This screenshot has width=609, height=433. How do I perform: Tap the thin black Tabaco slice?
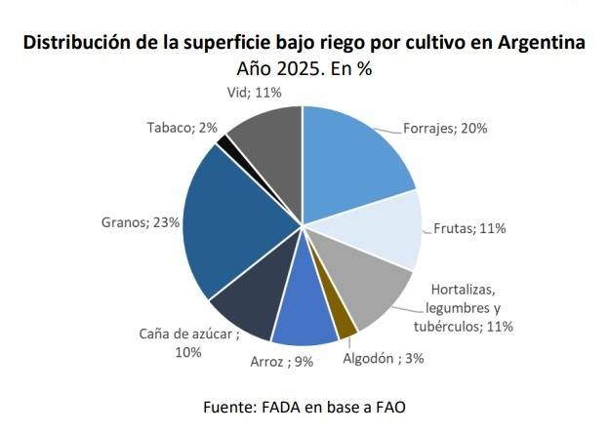(226, 144)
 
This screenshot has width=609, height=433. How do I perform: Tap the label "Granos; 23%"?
(140, 222)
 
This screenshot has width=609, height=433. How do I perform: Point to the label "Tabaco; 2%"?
(182, 128)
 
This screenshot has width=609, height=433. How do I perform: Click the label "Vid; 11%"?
(248, 92)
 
